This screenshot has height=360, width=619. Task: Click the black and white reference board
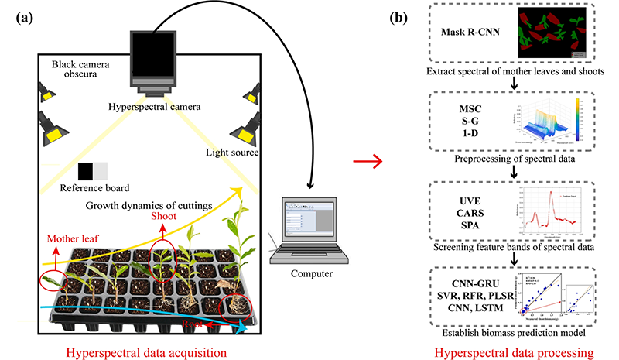(x=93, y=171)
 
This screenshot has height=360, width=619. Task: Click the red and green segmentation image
(x=550, y=33)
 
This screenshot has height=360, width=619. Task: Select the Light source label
(x=233, y=153)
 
